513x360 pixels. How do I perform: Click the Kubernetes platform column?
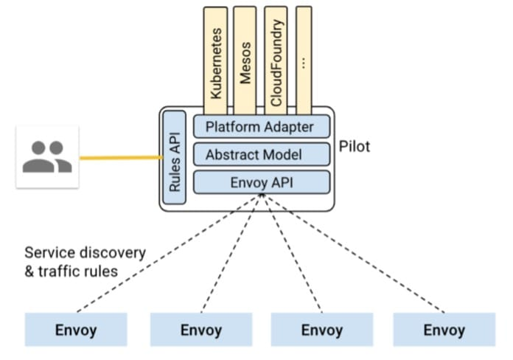(216, 60)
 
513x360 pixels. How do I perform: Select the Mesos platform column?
(245, 60)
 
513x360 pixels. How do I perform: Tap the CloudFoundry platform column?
(276, 60)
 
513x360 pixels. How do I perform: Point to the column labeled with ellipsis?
(304, 60)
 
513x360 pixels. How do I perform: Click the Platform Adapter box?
(262, 126)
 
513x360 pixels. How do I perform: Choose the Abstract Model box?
(262, 154)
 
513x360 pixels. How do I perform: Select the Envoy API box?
(262, 182)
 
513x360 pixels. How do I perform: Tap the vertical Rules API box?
(175, 158)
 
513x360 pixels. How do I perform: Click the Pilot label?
(355, 146)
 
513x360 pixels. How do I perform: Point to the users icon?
(47, 157)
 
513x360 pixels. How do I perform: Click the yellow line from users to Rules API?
(121, 158)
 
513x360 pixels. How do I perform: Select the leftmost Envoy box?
(76, 330)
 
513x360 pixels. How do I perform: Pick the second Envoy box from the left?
(201, 330)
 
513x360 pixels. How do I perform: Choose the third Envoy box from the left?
(322, 330)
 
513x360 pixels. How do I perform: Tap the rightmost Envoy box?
(444, 330)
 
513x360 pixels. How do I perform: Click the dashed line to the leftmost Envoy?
(169, 253)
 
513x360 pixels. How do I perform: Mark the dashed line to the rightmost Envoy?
(353, 253)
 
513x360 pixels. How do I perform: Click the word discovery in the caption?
(113, 253)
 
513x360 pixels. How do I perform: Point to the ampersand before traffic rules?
(29, 271)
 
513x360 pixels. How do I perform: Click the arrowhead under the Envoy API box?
(262, 195)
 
